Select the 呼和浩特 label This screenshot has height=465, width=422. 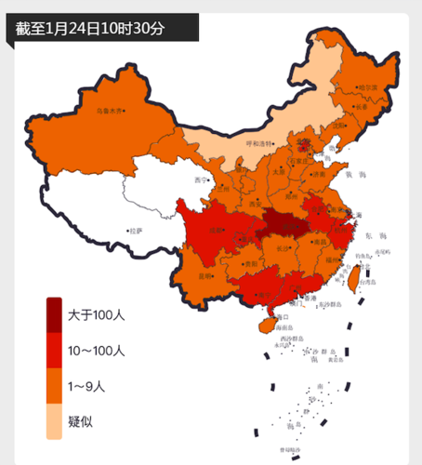(x=261, y=143)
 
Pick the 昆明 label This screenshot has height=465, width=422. (x=205, y=275)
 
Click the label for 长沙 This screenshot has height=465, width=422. (x=284, y=249)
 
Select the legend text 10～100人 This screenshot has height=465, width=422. (x=97, y=351)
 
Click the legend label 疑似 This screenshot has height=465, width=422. (x=80, y=420)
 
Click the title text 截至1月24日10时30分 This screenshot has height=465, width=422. (x=90, y=28)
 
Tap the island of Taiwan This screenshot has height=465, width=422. (x=352, y=282)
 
